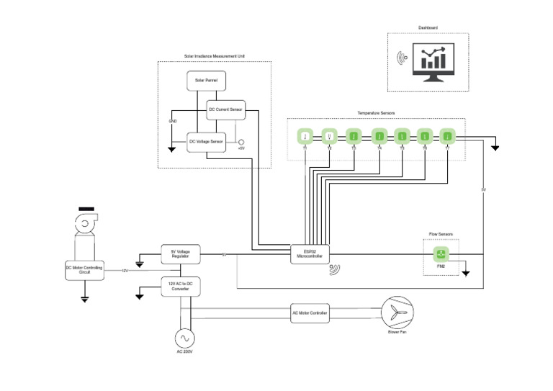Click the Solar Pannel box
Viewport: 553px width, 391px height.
pos(206,80)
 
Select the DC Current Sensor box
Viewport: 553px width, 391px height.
pos(225,110)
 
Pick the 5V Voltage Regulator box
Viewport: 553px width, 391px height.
pos(179,254)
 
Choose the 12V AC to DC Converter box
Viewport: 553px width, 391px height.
pos(179,285)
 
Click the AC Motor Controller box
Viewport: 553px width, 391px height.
pos(310,313)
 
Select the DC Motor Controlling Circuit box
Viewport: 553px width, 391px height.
pos(84,270)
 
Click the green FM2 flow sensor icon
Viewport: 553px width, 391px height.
pos(441,253)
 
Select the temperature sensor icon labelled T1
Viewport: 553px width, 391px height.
pos(305,135)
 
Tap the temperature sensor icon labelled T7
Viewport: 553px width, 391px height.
pos(447,135)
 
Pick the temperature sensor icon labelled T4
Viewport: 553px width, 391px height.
pos(377,135)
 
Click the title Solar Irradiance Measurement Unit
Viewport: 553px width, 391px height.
pos(214,56)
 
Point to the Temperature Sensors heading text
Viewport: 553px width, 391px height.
pos(376,114)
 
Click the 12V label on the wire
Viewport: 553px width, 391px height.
pos(125,271)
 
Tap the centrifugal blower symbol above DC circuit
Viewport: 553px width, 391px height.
pos(84,225)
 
